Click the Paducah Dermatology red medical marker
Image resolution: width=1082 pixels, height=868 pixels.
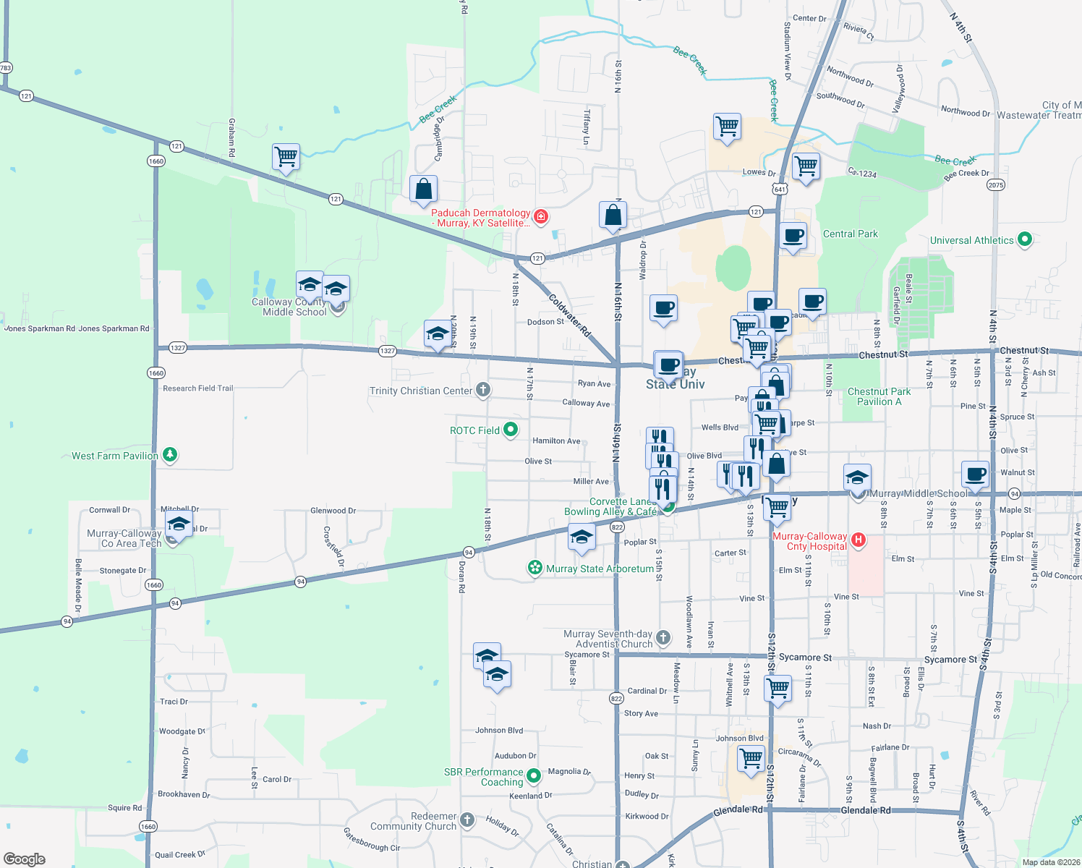tap(540, 216)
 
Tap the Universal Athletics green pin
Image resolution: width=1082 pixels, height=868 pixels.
tap(1024, 239)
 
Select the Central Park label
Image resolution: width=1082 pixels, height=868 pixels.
tap(850, 234)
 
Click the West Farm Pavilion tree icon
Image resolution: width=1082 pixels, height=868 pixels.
tap(170, 455)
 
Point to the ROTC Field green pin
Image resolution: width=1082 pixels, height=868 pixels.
tap(511, 430)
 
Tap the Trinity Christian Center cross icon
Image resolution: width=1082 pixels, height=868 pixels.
tap(483, 390)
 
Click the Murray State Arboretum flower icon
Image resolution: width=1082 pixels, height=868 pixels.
tap(534, 568)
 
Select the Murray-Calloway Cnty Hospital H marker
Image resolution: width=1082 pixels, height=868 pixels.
tap(858, 540)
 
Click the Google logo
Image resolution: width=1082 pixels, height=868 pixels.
tap(25, 859)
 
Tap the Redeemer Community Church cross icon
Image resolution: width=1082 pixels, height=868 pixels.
tap(467, 820)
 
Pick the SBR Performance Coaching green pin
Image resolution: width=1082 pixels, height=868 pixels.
tap(534, 775)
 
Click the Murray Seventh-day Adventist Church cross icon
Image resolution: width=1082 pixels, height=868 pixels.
tap(663, 638)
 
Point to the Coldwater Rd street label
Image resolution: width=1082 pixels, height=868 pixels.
tap(569, 315)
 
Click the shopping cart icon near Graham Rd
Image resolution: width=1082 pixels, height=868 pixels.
tap(286, 156)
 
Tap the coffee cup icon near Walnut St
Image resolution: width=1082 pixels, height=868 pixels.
tap(975, 474)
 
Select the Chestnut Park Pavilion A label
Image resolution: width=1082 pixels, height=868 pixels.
tap(879, 396)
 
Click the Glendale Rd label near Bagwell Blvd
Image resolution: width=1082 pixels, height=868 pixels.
tap(865, 810)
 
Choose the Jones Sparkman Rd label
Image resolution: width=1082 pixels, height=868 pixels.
tap(114, 328)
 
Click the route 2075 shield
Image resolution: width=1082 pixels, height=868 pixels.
tap(996, 185)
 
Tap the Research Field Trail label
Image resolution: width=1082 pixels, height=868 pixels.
tap(197, 388)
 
